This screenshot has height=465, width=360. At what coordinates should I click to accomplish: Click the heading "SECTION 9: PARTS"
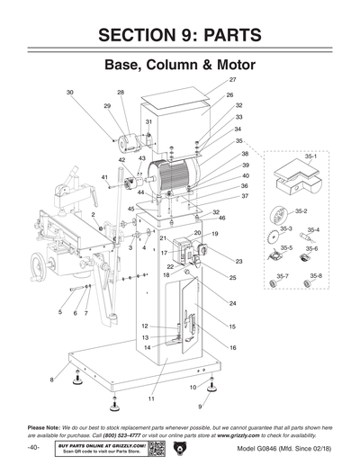(180, 35)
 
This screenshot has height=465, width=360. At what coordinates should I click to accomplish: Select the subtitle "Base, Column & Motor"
(180, 67)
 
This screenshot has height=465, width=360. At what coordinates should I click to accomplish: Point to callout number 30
(70, 93)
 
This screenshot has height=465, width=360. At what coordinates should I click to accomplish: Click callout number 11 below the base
(152, 397)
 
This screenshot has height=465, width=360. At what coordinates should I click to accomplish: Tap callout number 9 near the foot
(200, 407)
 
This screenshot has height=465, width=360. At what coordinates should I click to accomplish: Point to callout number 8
(51, 380)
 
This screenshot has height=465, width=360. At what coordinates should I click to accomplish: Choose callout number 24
(232, 304)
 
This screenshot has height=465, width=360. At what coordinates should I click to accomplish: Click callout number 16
(232, 347)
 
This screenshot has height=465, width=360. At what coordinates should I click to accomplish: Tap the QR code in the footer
(157, 448)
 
